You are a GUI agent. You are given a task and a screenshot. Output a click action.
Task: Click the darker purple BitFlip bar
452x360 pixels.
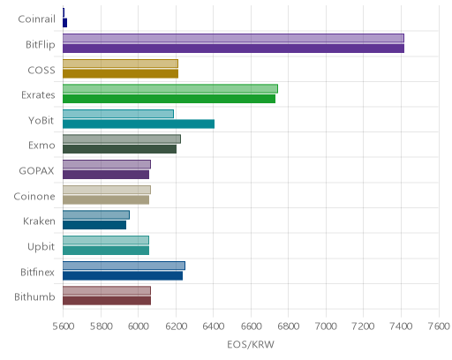(x=233, y=49)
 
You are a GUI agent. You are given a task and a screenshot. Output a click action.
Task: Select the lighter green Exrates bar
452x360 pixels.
(x=170, y=88)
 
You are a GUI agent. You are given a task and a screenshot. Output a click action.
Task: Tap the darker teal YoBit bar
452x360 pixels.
(x=139, y=124)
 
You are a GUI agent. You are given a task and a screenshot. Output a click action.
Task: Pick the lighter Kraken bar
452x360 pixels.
(x=96, y=215)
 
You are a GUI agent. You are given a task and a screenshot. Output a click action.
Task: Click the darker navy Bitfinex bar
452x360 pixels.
(x=123, y=276)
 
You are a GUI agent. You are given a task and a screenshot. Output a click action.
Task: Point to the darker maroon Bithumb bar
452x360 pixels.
(x=107, y=301)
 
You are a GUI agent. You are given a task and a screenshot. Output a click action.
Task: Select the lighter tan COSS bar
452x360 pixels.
(x=120, y=64)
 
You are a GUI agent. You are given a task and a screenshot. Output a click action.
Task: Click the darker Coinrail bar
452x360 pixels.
(x=64, y=23)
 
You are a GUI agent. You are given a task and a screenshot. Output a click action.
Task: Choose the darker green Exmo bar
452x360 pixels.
(x=119, y=149)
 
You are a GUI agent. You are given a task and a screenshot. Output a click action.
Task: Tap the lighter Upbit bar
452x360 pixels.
(x=106, y=240)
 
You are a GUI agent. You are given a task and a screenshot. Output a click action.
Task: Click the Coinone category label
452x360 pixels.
(x=34, y=196)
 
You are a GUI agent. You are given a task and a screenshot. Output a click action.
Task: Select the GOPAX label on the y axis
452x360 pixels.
(x=37, y=171)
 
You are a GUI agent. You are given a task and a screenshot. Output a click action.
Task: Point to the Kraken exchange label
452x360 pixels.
(x=39, y=221)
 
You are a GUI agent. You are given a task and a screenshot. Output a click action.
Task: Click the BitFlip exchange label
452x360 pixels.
(x=41, y=44)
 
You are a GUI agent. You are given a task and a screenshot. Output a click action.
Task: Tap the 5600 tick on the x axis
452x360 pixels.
(x=64, y=326)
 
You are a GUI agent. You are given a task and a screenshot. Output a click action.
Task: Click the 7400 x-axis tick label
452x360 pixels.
(x=401, y=326)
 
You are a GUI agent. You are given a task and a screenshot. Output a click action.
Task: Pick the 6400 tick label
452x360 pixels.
(x=214, y=326)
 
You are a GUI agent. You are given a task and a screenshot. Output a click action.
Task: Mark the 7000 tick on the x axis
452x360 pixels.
(x=326, y=326)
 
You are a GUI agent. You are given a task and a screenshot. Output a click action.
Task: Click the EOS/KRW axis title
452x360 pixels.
(x=251, y=344)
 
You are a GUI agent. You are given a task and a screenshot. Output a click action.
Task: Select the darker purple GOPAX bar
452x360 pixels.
(x=106, y=175)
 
